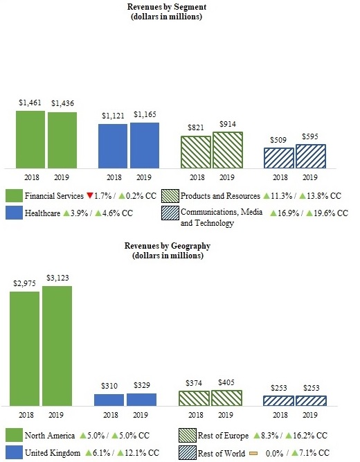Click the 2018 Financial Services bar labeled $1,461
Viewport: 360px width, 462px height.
point(30,139)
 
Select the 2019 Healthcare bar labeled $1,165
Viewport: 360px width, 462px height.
point(145,145)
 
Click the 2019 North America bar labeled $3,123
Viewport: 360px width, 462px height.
point(57,346)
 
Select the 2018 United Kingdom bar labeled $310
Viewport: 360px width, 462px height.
point(109,400)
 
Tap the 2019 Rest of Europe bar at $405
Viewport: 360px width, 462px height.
point(226,398)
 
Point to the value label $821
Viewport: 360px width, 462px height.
point(196,128)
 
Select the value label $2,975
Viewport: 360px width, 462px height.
point(24,283)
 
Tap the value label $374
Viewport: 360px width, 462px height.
point(195,383)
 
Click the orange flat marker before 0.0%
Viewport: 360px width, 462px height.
point(253,453)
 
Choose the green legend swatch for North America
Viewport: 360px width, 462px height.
point(13,436)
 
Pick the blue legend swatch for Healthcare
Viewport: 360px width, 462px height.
point(13,213)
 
